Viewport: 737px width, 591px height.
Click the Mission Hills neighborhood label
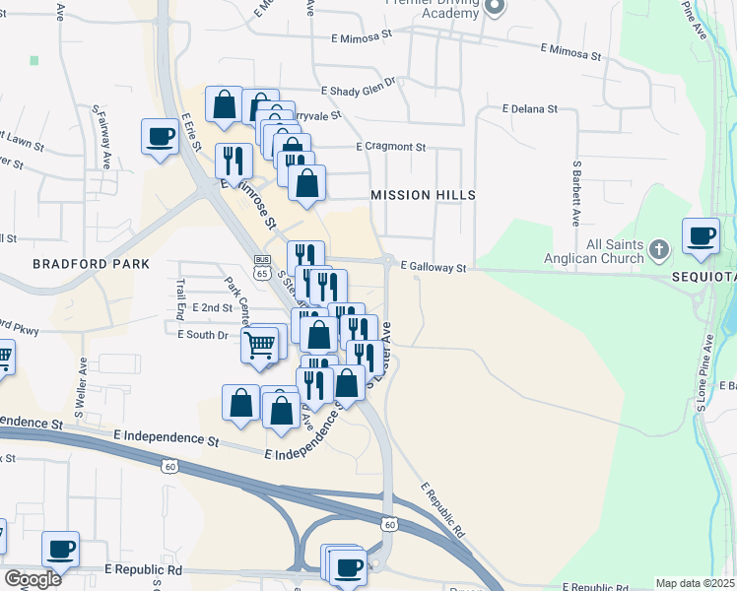coord(423,195)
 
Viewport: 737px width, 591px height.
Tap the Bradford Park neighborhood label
coord(91,264)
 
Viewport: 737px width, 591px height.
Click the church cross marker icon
coord(661,252)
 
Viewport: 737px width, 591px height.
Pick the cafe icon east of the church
coord(701,235)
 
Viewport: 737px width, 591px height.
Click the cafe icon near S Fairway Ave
coord(159,136)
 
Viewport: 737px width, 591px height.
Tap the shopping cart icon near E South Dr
coord(259,346)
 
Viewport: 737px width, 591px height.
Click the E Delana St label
coord(529,108)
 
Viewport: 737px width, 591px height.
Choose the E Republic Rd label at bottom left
coord(142,569)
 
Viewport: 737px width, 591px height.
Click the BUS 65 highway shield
coord(261,267)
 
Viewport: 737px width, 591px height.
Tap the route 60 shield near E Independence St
coord(170,467)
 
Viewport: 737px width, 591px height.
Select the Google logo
coord(33,579)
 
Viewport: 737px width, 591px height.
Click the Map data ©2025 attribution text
coord(695,583)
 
